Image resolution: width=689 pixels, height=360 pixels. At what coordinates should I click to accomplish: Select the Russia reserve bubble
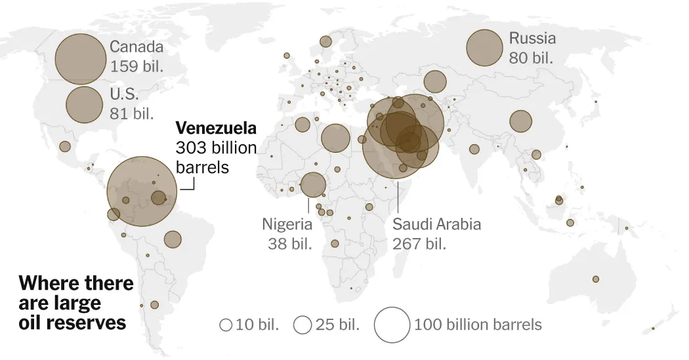click(485, 49)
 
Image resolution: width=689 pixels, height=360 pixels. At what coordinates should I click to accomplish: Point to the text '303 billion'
click(215, 148)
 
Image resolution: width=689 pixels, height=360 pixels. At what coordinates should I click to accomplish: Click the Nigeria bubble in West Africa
click(312, 185)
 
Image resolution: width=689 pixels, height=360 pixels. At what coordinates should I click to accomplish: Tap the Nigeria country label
click(287, 224)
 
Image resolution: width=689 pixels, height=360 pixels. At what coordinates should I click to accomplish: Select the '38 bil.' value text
click(289, 244)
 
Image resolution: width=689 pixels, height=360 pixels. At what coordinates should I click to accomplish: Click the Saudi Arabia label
click(436, 224)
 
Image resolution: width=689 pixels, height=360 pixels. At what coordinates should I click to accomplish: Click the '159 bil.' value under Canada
click(136, 67)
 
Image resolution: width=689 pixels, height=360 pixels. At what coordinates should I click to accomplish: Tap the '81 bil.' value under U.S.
click(133, 113)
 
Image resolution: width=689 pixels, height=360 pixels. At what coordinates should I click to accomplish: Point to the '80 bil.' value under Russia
click(531, 58)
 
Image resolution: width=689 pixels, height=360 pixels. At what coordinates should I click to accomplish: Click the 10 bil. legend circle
click(225, 325)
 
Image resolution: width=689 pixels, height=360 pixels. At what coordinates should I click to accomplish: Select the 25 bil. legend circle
click(303, 325)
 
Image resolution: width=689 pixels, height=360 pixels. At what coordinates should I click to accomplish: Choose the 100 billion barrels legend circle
click(391, 325)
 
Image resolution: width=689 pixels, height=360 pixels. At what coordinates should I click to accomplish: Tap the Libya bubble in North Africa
click(335, 138)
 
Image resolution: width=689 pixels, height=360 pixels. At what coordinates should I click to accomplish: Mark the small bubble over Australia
click(596, 279)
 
